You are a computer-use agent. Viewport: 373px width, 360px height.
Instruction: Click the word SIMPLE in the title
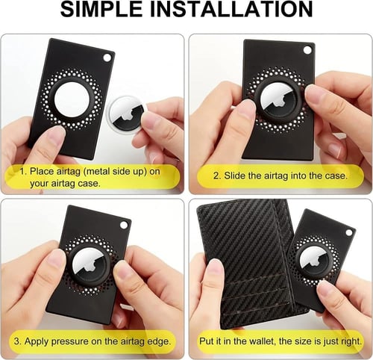click(102, 9)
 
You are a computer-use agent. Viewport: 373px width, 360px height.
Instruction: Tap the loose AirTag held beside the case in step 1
click(127, 115)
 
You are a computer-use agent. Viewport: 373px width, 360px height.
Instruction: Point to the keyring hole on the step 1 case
click(107, 58)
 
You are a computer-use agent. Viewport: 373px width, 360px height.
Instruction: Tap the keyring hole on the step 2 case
click(307, 50)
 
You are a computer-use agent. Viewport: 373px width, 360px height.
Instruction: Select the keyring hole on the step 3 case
click(124, 226)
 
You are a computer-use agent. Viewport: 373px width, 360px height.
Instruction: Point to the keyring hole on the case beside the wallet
click(349, 233)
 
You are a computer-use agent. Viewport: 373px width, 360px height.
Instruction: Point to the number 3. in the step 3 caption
click(17, 341)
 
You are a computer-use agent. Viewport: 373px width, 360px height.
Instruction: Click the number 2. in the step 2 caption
click(217, 176)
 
